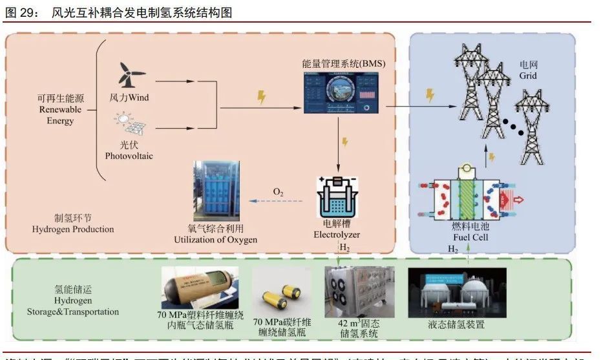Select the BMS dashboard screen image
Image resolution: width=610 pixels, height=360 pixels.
337,96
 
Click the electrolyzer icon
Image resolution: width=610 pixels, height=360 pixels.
337,198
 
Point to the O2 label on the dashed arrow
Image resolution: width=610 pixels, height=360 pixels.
278,193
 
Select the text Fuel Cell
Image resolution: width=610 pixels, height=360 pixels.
470,237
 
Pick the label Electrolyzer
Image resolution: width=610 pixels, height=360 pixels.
336,235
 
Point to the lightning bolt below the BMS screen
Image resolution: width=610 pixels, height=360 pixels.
345,142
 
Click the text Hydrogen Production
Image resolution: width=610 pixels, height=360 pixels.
72,229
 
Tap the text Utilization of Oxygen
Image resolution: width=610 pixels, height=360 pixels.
215,240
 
